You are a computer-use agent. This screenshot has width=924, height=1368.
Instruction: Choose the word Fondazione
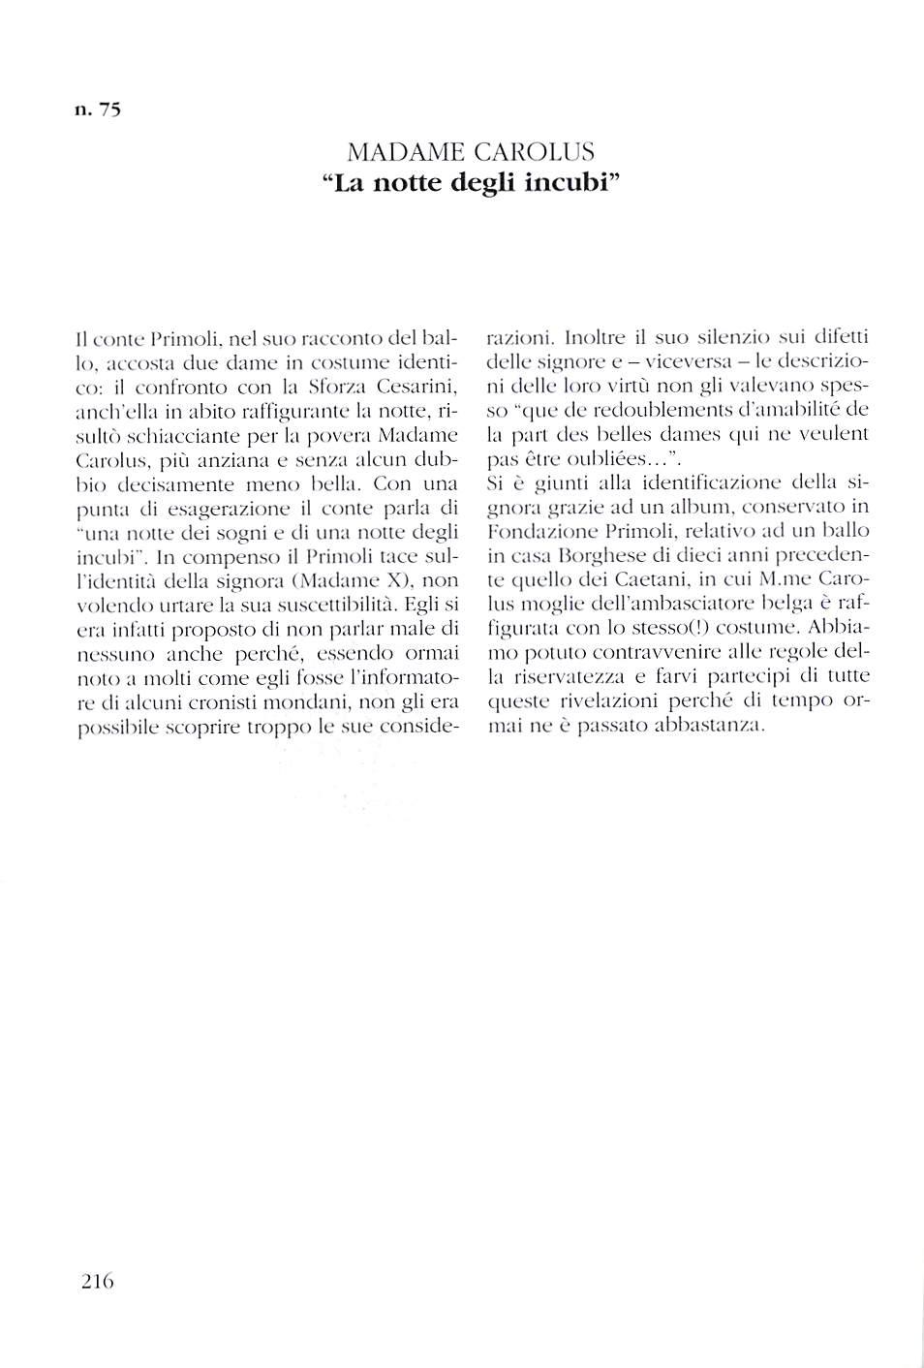(x=537, y=531)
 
